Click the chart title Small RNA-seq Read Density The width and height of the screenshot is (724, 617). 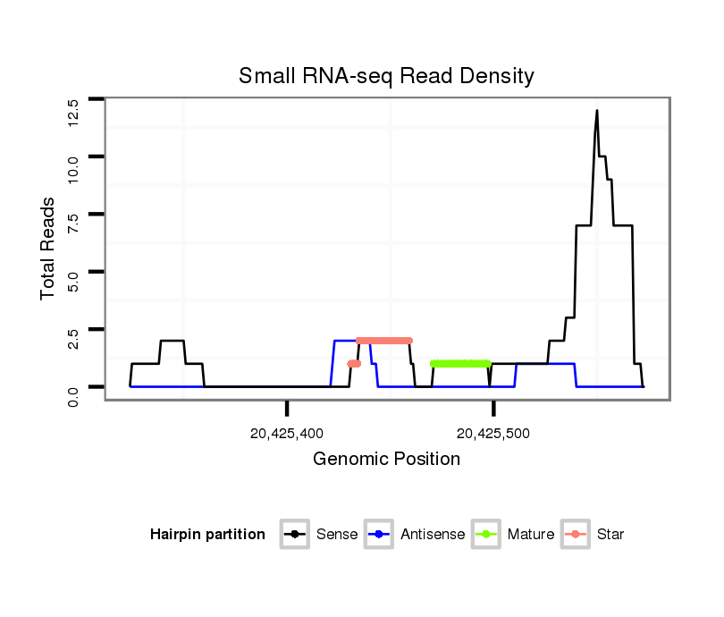click(x=386, y=76)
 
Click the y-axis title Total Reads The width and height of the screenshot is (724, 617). click(x=49, y=249)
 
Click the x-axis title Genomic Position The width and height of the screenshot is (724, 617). click(x=386, y=460)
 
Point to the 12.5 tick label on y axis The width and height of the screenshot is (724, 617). click(x=73, y=113)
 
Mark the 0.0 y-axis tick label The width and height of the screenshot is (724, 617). click(x=73, y=393)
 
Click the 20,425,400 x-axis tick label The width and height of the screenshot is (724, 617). click(x=287, y=434)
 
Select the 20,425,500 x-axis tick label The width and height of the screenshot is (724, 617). click(x=492, y=434)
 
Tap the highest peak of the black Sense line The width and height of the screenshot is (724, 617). click(x=596, y=111)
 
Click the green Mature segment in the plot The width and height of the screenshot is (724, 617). click(x=460, y=364)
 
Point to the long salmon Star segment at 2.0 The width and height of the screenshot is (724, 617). click(x=383, y=341)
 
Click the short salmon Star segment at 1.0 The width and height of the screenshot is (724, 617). click(x=354, y=364)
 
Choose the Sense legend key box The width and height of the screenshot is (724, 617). click(x=294, y=535)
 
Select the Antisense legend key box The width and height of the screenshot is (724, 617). click(x=380, y=535)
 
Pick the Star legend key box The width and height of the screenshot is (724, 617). click(x=575, y=535)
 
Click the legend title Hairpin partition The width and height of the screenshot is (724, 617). click(x=207, y=535)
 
